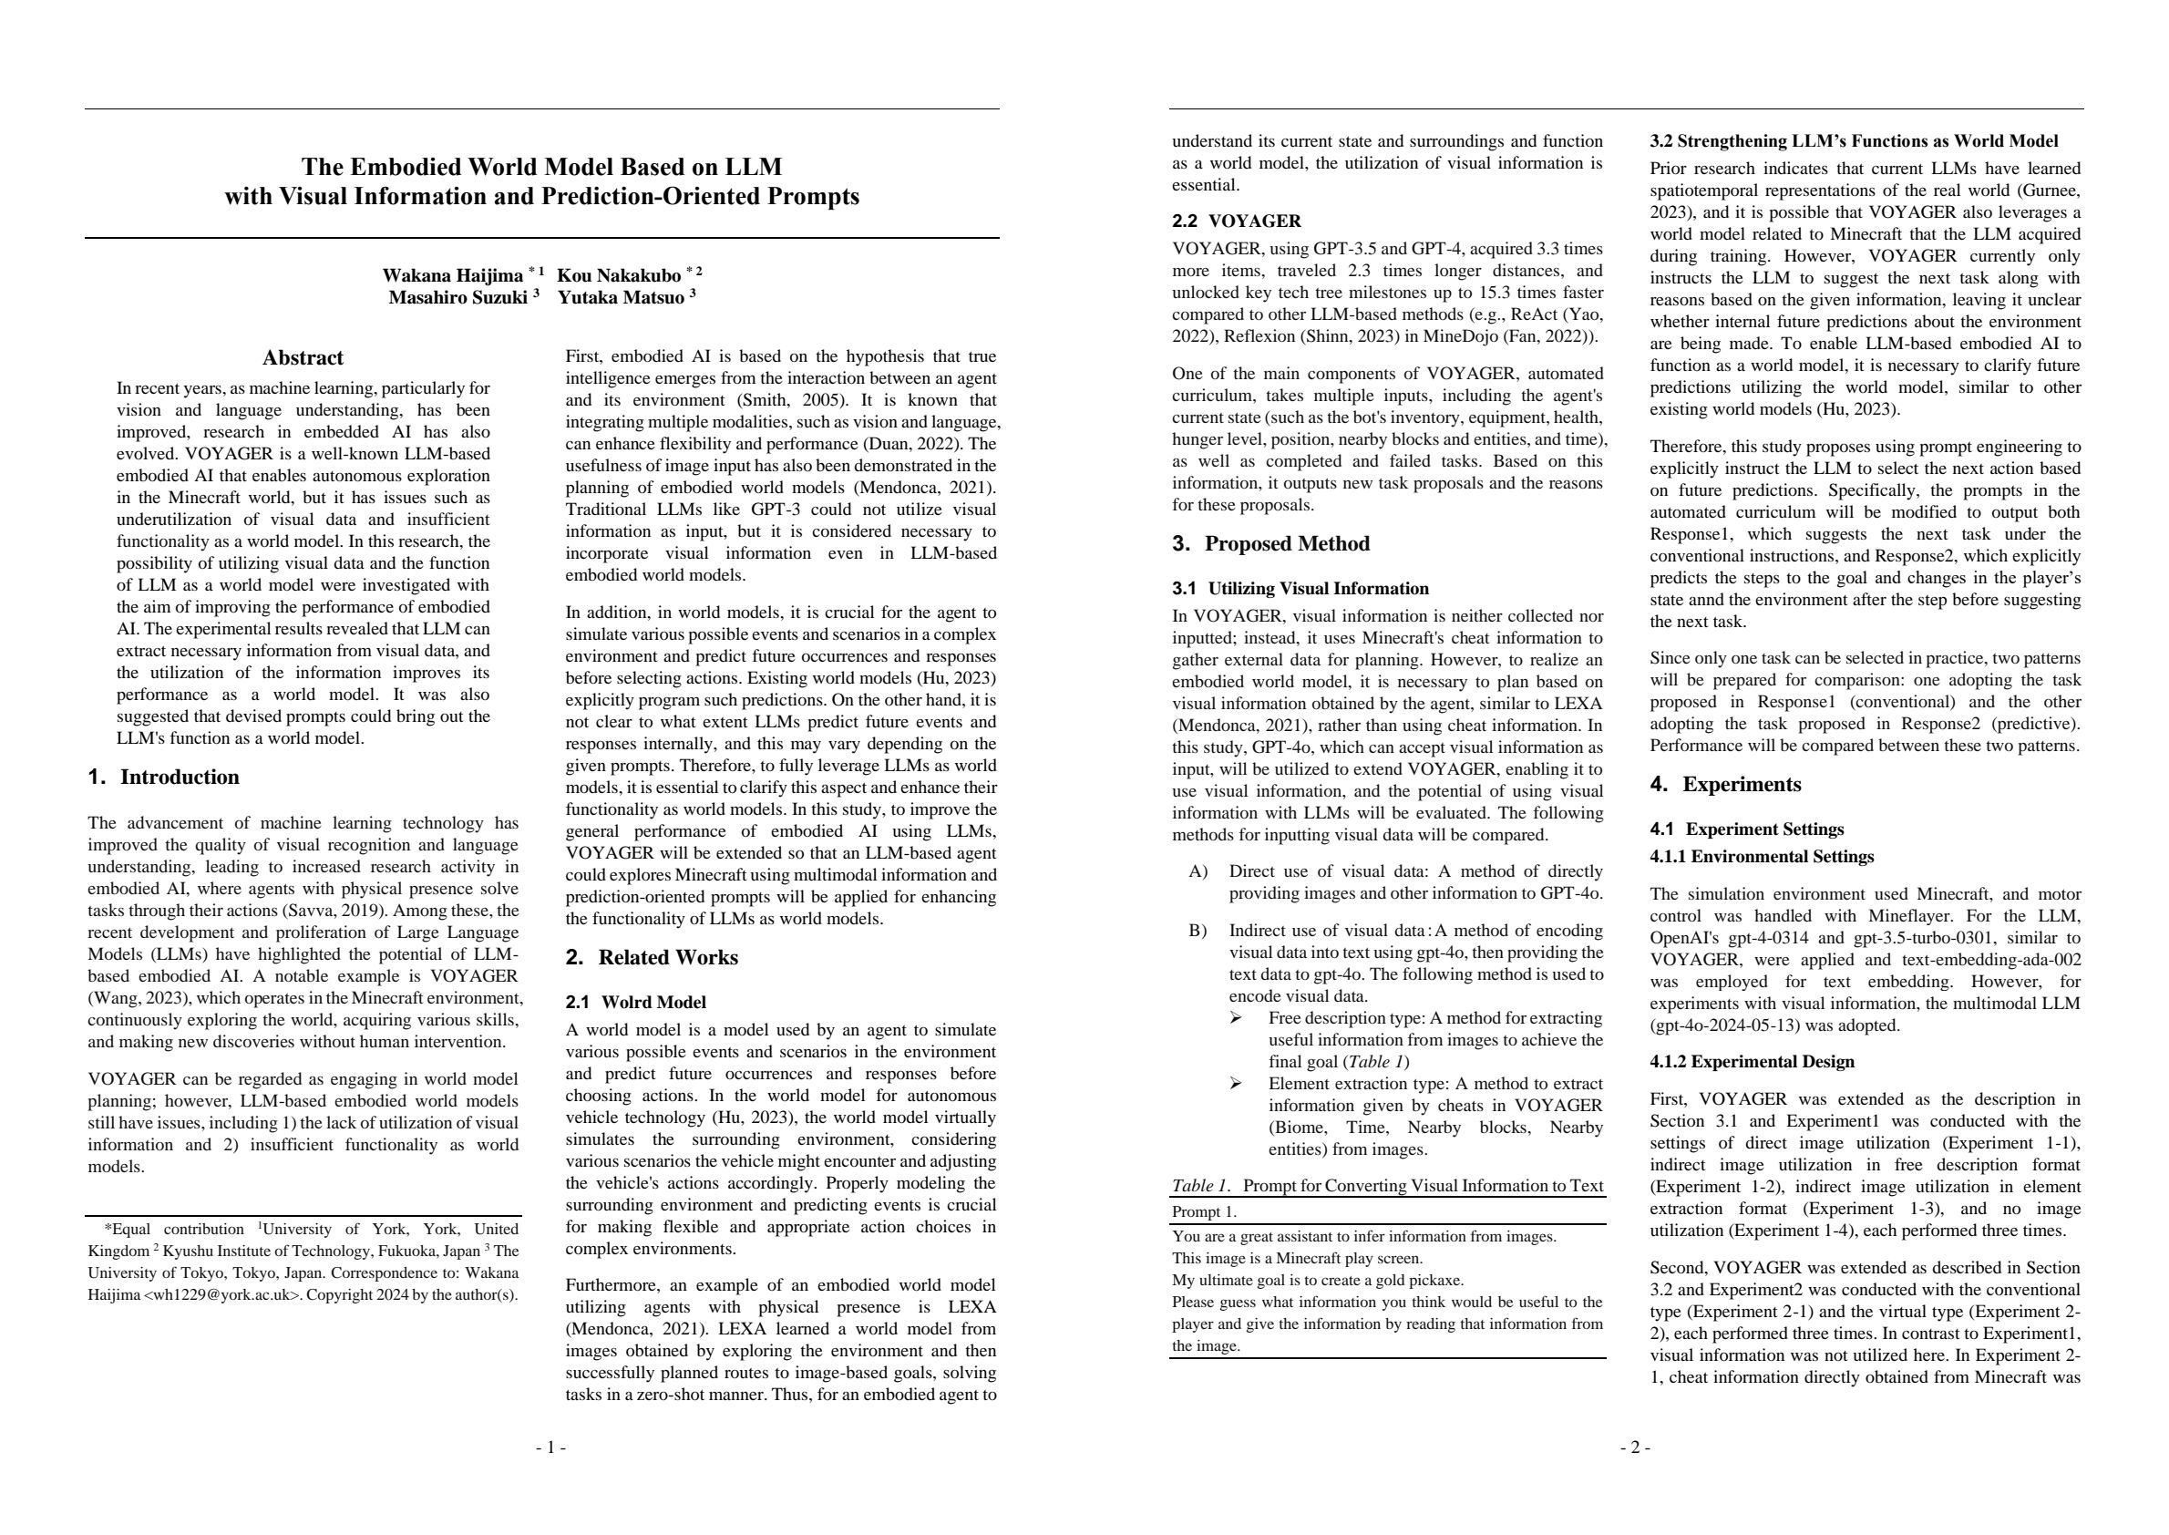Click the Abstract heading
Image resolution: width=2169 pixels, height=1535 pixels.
point(303,358)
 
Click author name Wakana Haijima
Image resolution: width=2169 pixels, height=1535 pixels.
point(452,276)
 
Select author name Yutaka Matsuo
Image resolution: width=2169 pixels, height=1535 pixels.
point(620,298)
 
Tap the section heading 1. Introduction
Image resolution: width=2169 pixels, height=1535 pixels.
point(163,777)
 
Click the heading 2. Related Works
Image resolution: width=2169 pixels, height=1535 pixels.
point(652,957)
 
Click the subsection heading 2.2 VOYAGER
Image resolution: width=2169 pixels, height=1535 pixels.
point(1236,221)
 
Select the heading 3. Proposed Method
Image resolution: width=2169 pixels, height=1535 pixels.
point(1270,543)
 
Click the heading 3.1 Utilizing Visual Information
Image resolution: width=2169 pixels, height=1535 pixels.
point(1300,589)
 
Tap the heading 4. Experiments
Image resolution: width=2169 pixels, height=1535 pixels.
point(1725,785)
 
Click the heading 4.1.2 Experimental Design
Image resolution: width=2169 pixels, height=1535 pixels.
point(1752,1061)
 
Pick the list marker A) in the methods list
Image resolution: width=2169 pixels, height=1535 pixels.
point(1198,871)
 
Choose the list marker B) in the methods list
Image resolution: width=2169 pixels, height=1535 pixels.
point(1198,931)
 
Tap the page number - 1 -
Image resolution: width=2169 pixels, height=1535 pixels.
point(551,1447)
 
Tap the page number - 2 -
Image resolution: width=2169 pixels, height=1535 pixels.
point(1635,1447)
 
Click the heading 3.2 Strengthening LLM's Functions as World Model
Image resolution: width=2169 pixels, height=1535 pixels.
point(1854,142)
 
